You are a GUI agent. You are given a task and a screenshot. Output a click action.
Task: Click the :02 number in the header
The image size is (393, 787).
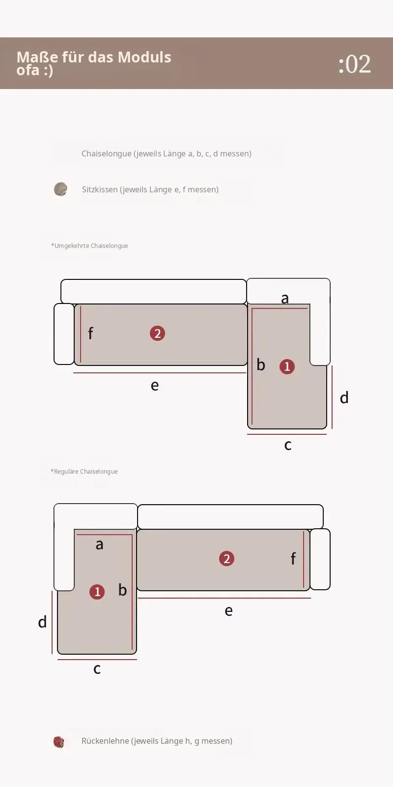click(354, 64)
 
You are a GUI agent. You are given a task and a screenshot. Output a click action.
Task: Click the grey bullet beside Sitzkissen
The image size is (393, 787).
click(60, 189)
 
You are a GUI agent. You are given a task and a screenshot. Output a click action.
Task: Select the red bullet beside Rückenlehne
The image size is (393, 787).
click(59, 742)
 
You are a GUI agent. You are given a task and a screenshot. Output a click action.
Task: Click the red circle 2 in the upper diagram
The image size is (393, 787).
click(157, 333)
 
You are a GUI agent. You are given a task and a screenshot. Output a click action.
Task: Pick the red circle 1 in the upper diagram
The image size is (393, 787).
click(287, 366)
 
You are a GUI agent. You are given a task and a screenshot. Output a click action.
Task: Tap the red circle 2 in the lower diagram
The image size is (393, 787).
click(226, 559)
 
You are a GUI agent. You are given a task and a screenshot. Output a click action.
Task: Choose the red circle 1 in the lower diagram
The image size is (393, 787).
click(97, 592)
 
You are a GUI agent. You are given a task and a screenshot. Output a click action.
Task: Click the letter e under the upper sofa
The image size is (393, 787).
click(155, 386)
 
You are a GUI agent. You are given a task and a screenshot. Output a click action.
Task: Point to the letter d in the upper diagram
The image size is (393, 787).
click(344, 397)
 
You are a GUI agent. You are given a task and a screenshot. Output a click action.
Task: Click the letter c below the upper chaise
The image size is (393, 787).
click(288, 445)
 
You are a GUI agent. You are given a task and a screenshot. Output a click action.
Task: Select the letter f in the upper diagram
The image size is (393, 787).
click(90, 333)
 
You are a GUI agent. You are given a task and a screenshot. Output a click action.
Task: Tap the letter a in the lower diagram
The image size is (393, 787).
click(100, 545)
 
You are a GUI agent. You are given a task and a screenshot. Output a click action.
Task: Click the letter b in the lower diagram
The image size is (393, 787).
click(122, 590)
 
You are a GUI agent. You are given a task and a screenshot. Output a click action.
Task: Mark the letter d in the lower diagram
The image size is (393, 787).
click(42, 622)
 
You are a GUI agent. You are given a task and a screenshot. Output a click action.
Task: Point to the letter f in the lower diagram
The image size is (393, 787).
click(293, 558)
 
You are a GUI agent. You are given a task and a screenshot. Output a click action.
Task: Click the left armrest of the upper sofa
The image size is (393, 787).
click(64, 334)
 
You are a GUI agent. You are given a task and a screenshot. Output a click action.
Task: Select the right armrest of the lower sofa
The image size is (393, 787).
click(320, 559)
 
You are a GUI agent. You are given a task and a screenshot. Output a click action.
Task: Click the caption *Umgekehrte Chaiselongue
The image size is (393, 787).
click(89, 245)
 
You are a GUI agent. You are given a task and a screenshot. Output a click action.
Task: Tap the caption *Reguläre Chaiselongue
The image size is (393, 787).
click(84, 472)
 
